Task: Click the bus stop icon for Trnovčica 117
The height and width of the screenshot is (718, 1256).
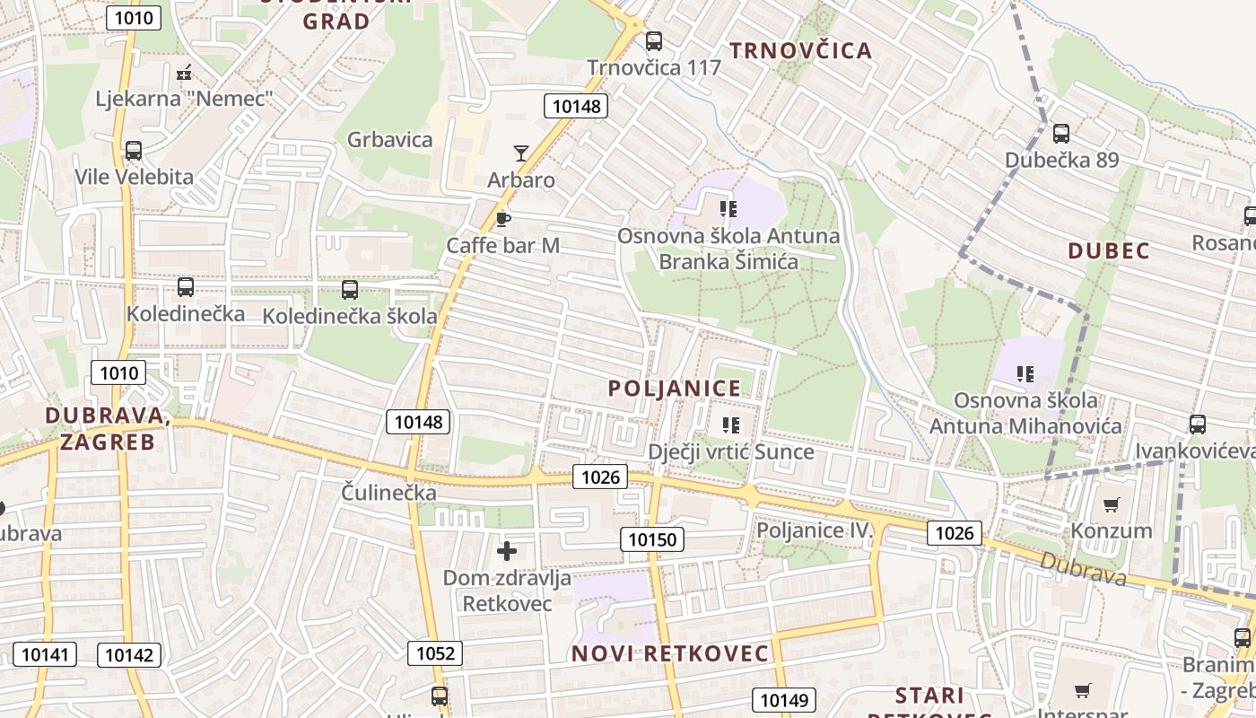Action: [654, 40]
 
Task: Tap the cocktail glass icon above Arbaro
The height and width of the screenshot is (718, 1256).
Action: [521, 153]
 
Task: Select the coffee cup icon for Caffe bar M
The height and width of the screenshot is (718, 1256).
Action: [503, 219]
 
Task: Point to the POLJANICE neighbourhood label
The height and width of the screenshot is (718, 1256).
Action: [675, 389]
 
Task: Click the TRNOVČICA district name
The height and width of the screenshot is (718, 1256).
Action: [800, 51]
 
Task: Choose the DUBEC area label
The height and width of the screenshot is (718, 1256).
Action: [1109, 251]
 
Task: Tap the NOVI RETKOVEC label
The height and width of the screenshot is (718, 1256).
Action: [670, 653]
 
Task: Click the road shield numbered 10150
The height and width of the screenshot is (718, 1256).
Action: [652, 539]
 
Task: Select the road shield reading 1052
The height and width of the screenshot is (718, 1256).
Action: [436, 653]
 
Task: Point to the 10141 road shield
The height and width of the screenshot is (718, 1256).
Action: [44, 654]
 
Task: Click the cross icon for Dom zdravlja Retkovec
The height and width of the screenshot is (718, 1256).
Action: [507, 551]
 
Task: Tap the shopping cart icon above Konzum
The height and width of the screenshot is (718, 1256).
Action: [1112, 504]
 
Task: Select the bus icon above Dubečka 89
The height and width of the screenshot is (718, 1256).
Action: [1061, 134]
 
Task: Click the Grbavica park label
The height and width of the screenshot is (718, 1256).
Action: [389, 140]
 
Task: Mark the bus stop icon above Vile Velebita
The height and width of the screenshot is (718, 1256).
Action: [134, 151]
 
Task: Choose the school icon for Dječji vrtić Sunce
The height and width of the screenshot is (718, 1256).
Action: [731, 425]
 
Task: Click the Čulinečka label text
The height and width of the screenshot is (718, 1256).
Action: [388, 493]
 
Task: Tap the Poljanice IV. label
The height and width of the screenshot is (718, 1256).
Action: [815, 530]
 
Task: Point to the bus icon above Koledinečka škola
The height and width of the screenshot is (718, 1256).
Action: [350, 290]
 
